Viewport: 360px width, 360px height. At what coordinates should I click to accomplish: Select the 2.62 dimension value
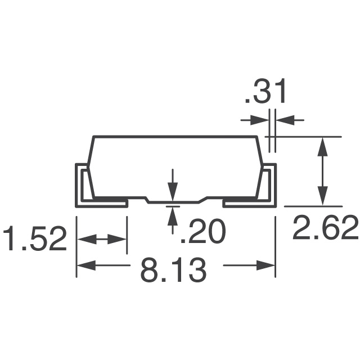[x=325, y=229]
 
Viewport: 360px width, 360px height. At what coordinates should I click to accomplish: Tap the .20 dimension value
[x=202, y=232]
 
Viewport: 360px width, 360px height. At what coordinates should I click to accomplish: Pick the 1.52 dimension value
[x=35, y=240]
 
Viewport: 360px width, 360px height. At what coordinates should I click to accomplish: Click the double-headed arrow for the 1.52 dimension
[x=102, y=240]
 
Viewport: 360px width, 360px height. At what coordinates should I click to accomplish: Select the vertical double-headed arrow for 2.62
[x=322, y=171]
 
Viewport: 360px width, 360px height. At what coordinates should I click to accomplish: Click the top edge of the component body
[x=174, y=136]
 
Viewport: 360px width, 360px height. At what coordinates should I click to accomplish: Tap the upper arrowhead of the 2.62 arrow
[x=322, y=144]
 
